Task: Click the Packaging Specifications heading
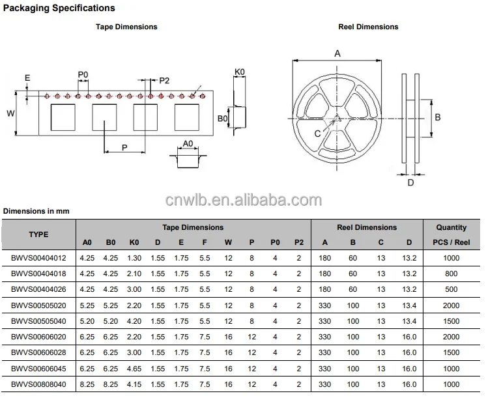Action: (x=59, y=8)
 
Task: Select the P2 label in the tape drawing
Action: (x=164, y=81)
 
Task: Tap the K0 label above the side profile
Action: (x=240, y=72)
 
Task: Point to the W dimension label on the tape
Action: (x=10, y=113)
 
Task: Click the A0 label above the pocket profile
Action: (x=188, y=143)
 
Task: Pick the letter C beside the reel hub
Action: (x=317, y=134)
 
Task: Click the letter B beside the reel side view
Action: (x=438, y=117)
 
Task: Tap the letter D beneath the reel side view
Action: (x=410, y=182)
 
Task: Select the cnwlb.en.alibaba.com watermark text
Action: (x=244, y=200)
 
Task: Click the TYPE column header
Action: (x=38, y=235)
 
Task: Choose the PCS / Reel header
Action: (x=451, y=242)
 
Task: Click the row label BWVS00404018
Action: (x=38, y=274)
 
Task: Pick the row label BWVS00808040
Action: (x=38, y=384)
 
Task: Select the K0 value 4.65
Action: (x=134, y=369)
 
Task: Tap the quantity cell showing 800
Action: (x=451, y=274)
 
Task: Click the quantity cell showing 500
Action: (x=451, y=289)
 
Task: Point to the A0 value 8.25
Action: (x=87, y=384)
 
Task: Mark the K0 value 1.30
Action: (x=134, y=258)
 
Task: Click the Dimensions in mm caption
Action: (x=36, y=211)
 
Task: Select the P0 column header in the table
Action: (x=275, y=242)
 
